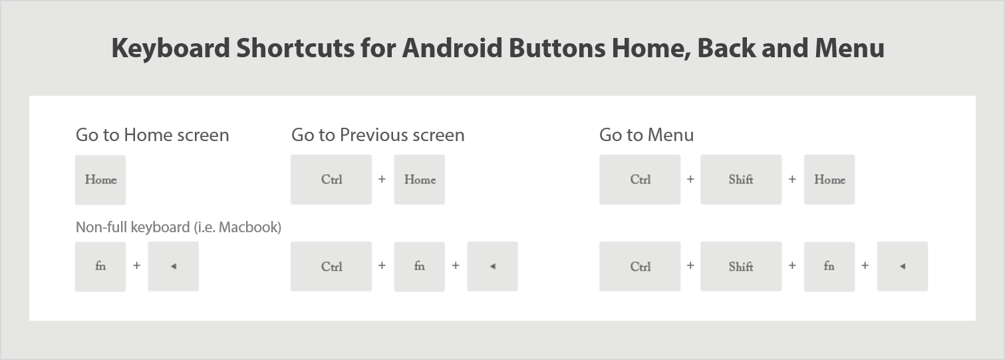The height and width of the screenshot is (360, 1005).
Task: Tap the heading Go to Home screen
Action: point(152,135)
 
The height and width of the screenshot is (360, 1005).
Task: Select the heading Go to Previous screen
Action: point(378,135)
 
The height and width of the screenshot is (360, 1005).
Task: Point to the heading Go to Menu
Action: point(646,135)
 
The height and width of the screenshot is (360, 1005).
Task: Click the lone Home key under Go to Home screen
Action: point(100,180)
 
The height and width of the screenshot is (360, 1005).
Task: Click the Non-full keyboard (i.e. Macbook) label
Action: point(178,228)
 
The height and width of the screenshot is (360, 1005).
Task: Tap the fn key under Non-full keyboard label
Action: point(100,266)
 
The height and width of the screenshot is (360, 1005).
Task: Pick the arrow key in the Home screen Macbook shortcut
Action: point(173,266)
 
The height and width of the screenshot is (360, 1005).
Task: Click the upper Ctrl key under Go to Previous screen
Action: point(331,180)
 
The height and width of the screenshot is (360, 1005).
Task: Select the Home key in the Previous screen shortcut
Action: point(420,180)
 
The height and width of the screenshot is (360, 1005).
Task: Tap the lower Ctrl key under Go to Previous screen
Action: point(331,266)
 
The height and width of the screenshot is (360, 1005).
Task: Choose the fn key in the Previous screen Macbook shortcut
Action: point(420,266)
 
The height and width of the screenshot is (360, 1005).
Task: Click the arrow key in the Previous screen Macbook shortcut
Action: point(492,266)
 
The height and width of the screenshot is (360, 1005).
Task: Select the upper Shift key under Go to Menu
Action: point(741,180)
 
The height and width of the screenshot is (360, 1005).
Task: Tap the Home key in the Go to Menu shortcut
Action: point(829,180)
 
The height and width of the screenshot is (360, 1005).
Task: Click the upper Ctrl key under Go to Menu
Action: point(640,180)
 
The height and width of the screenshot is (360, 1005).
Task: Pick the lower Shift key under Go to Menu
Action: point(741,266)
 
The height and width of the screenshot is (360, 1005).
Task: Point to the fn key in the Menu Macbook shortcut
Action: point(829,266)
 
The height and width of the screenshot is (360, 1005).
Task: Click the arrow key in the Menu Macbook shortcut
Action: point(903,266)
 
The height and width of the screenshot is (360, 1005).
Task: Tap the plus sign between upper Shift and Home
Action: point(792,180)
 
